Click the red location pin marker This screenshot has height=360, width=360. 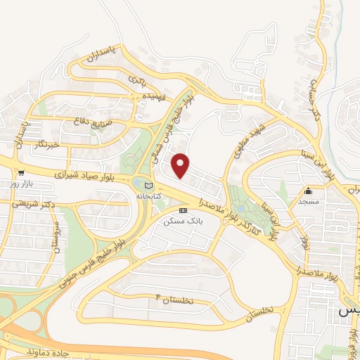(181, 165)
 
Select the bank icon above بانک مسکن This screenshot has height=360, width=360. (184, 210)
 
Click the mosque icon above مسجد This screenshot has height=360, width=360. (308, 191)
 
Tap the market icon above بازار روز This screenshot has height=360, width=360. (22, 173)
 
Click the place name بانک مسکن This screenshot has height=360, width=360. (182, 221)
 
